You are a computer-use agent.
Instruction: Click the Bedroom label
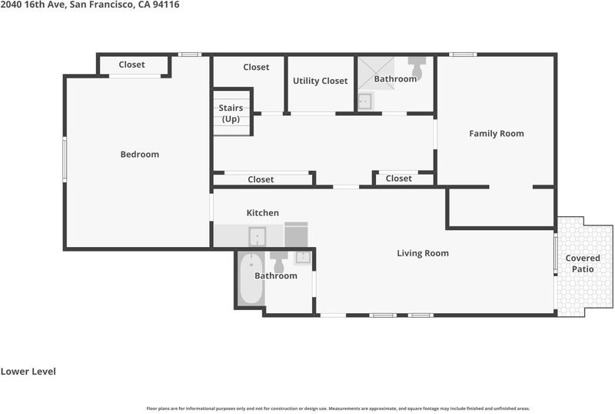click(140, 155)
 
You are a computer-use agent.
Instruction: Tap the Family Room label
click(497, 134)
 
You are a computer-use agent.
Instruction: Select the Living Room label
click(423, 253)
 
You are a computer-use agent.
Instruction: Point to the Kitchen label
click(263, 213)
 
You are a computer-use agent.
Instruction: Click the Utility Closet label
click(321, 81)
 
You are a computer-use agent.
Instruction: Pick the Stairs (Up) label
click(231, 114)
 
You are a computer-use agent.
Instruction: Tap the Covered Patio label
click(583, 264)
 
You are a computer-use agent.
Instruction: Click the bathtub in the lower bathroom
click(251, 279)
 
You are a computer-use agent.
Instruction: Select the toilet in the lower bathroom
click(279, 262)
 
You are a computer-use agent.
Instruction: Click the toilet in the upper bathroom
click(417, 67)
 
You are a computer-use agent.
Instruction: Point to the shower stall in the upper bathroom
click(376, 73)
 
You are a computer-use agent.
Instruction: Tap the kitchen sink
click(258, 236)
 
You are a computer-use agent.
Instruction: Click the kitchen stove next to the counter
click(296, 235)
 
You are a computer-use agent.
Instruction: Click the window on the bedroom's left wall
click(65, 159)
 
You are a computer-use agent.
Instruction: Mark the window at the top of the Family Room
click(463, 55)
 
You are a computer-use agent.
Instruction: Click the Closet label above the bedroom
click(131, 65)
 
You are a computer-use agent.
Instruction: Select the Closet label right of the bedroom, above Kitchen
click(261, 179)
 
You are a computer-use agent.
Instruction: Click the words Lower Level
click(28, 372)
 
